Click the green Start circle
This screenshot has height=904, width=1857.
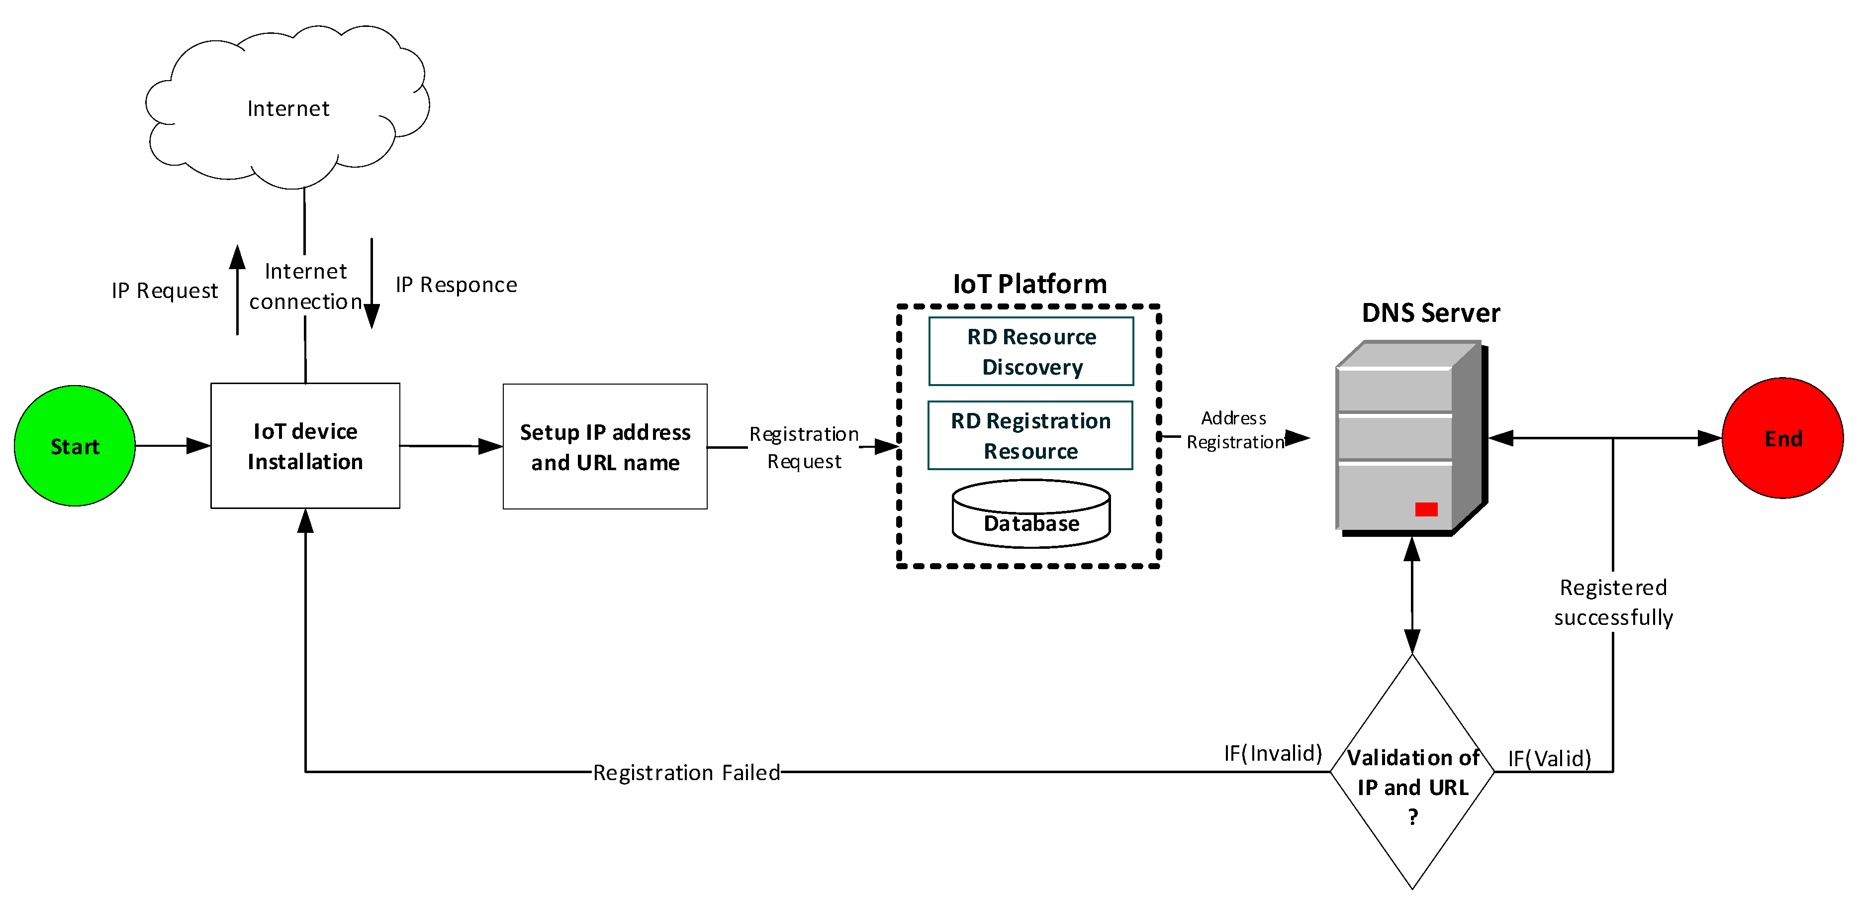(x=74, y=445)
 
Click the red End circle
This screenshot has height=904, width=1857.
(x=1781, y=438)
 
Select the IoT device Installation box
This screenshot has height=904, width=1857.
(x=305, y=445)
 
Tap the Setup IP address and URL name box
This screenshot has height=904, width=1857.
(x=605, y=446)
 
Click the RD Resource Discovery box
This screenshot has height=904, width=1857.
(x=1031, y=351)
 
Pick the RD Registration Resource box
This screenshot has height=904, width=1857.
(x=1030, y=435)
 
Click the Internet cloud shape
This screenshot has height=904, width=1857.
(x=288, y=108)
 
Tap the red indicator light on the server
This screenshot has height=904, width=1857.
(x=1425, y=509)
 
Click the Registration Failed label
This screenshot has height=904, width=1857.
(x=686, y=772)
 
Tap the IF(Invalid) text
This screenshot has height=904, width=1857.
(x=1272, y=753)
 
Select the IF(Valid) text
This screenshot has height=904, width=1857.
(x=1549, y=758)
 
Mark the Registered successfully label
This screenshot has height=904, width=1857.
(x=1613, y=602)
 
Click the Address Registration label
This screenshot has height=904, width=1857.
(x=1234, y=430)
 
